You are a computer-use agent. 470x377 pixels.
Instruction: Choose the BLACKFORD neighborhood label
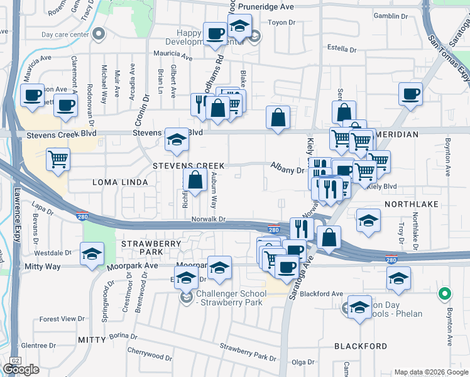[x=361, y=346]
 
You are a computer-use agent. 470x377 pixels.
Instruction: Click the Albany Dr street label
[x=287, y=169]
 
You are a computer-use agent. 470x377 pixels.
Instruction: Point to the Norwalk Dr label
[x=208, y=219]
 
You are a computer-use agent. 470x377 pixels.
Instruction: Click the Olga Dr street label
[x=302, y=362]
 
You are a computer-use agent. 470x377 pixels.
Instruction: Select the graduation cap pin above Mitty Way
[x=92, y=254]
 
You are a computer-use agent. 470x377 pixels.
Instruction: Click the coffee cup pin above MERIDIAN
[x=411, y=95]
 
